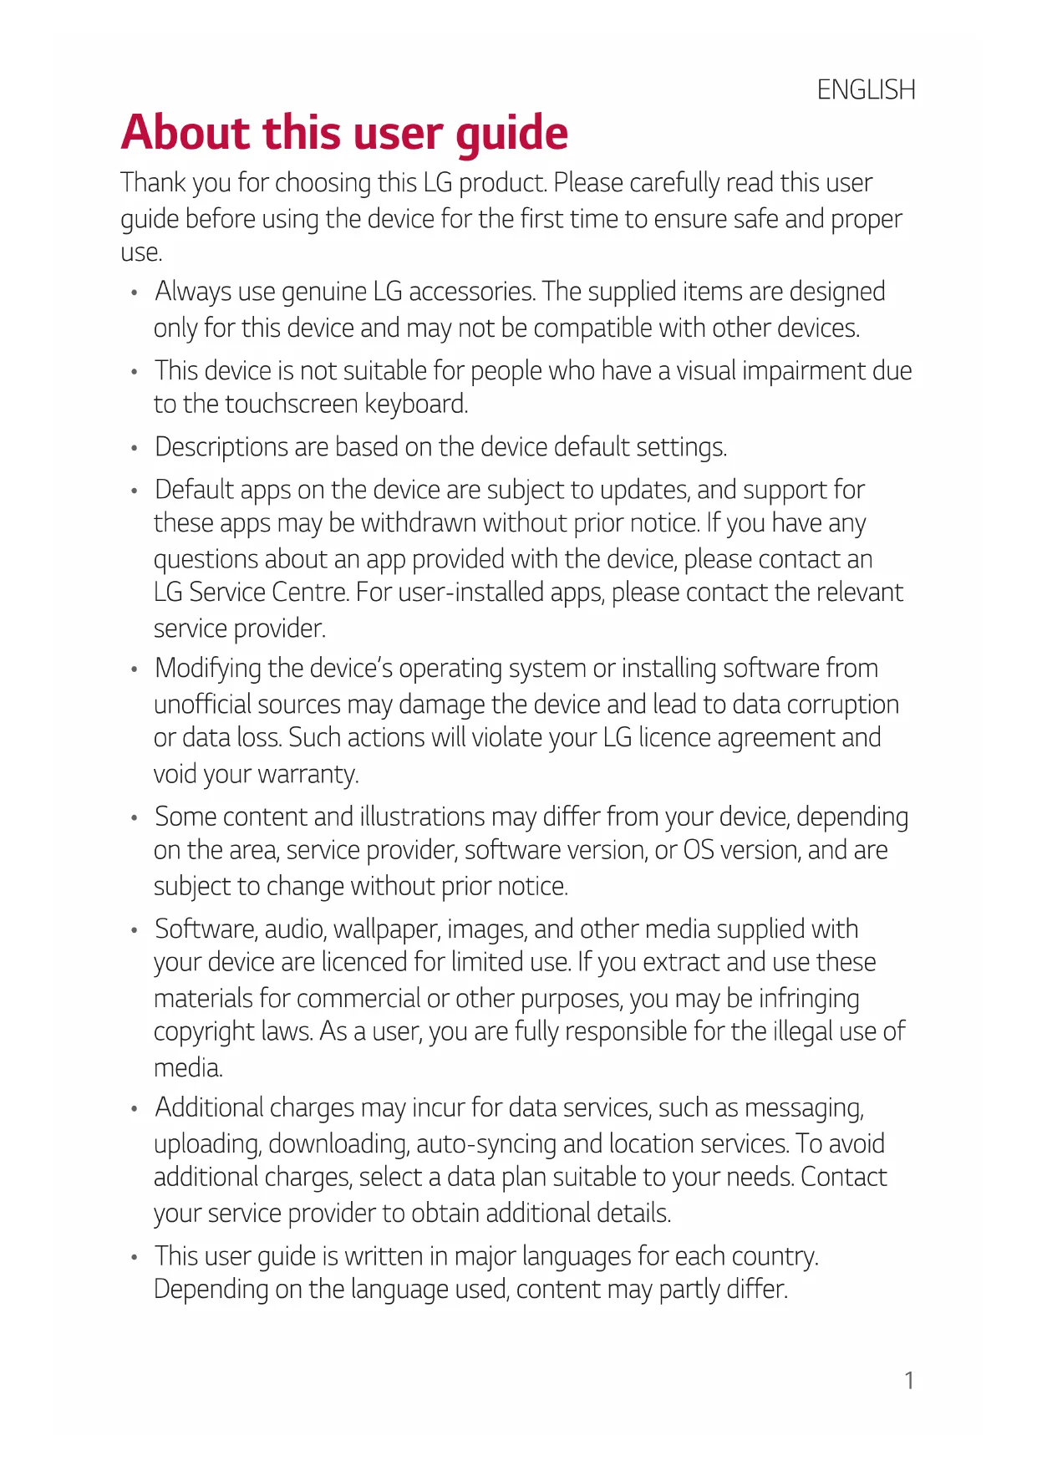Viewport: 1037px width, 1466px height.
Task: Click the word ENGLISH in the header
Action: pyautogui.click(x=866, y=89)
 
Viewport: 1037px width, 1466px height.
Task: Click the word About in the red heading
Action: pyautogui.click(x=185, y=133)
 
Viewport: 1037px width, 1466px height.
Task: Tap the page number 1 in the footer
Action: pyautogui.click(x=909, y=1381)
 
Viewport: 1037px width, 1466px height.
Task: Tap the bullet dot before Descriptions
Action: pyautogui.click(x=134, y=449)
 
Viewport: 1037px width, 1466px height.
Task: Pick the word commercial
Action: pyautogui.click(x=358, y=999)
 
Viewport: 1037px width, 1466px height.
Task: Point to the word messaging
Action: pyautogui.click(x=804, y=1108)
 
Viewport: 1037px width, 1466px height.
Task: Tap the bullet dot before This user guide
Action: pyautogui.click(x=134, y=1258)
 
